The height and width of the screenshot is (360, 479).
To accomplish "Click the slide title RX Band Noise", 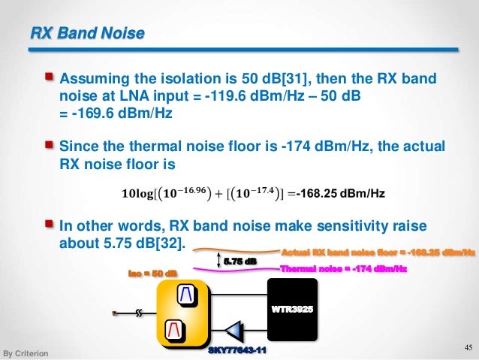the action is pyautogui.click(x=87, y=33).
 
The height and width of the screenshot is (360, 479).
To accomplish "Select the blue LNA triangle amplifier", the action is pyautogui.click(x=235, y=329).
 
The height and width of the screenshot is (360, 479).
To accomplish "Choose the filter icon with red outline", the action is pyautogui.click(x=176, y=329).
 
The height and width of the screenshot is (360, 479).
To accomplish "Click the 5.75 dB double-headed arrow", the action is pyautogui.click(x=218, y=261).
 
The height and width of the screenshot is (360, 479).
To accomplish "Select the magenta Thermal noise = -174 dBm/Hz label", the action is pyautogui.click(x=343, y=268).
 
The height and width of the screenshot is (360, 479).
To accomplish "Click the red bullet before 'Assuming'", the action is pyautogui.click(x=50, y=77).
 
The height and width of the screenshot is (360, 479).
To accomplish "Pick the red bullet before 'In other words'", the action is pyautogui.click(x=50, y=225).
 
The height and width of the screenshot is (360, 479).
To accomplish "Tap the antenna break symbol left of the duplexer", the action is pyautogui.click(x=140, y=313).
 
